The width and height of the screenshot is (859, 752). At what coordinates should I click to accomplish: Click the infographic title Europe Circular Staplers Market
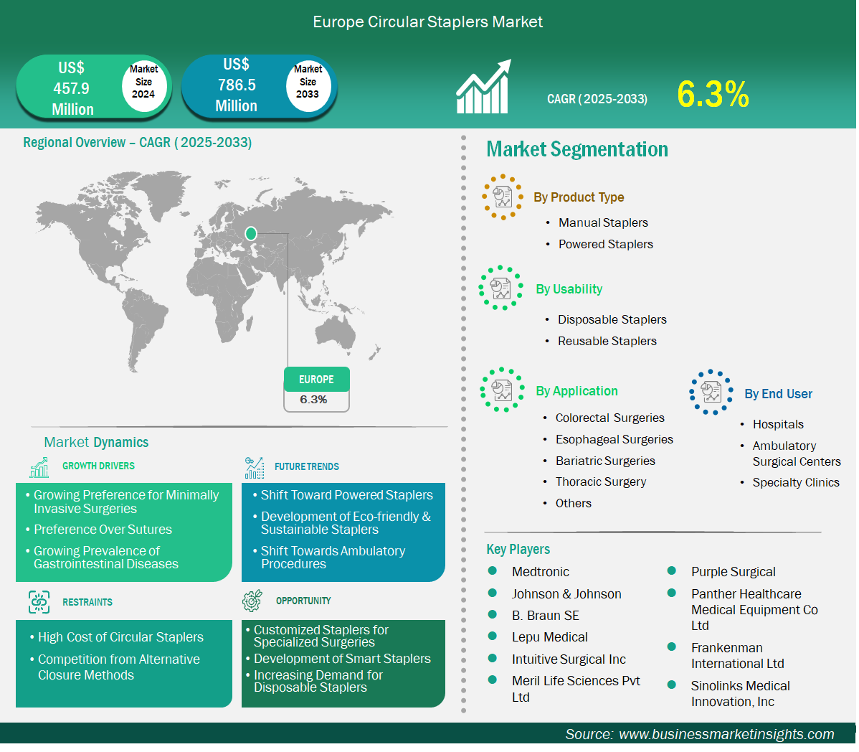pyautogui.click(x=428, y=22)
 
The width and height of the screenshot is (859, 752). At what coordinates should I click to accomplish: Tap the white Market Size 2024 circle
pyautogui.click(x=143, y=83)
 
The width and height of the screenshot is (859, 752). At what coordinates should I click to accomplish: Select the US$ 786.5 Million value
pyautogui.click(x=236, y=85)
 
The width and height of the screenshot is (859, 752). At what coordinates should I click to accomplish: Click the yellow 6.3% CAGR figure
pyautogui.click(x=713, y=94)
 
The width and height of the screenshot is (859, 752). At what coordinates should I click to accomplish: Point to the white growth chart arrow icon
pyautogui.click(x=484, y=87)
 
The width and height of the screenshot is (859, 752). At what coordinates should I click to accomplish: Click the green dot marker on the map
pyautogui.click(x=251, y=234)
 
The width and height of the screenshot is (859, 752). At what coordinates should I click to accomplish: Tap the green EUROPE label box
pyautogui.click(x=317, y=380)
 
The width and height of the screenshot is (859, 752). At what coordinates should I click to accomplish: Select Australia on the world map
pyautogui.click(x=336, y=332)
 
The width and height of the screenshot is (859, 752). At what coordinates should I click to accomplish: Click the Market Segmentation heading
pyautogui.click(x=577, y=150)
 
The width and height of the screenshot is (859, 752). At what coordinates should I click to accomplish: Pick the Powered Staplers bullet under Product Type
pyautogui.click(x=605, y=245)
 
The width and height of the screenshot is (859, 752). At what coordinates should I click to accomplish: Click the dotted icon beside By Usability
pyautogui.click(x=500, y=288)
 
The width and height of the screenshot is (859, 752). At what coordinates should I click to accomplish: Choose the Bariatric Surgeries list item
pyautogui.click(x=605, y=461)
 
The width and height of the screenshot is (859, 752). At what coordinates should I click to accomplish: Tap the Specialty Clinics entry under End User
pyautogui.click(x=795, y=482)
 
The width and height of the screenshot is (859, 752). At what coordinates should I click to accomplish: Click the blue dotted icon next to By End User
pyautogui.click(x=711, y=392)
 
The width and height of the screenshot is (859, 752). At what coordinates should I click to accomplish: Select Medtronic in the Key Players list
pyautogui.click(x=540, y=572)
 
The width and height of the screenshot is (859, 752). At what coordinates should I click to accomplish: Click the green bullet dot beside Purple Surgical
pyautogui.click(x=672, y=571)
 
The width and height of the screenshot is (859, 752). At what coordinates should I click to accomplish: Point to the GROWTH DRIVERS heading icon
pyautogui.click(x=39, y=468)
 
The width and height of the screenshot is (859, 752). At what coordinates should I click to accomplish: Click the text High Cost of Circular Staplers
pyautogui.click(x=120, y=637)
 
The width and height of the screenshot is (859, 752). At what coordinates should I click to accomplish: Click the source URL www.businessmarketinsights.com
pyautogui.click(x=726, y=735)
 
